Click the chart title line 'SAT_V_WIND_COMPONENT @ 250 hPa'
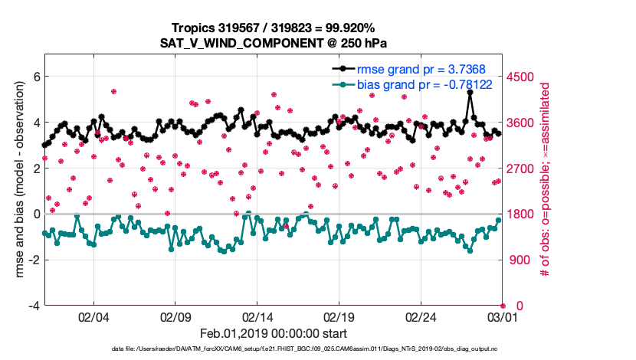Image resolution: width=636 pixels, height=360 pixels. (x=275, y=43)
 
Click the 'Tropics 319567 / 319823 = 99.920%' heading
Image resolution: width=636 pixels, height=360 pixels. (x=275, y=28)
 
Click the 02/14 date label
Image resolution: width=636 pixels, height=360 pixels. (x=257, y=316)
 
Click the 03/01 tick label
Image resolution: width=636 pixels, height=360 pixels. (x=502, y=316)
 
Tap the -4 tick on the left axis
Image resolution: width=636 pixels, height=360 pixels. (x=33, y=306)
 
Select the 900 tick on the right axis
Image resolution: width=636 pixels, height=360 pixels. (x=520, y=260)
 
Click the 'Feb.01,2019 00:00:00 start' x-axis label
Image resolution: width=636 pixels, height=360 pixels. (x=274, y=334)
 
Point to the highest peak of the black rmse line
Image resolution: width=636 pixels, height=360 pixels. (x=469, y=92)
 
